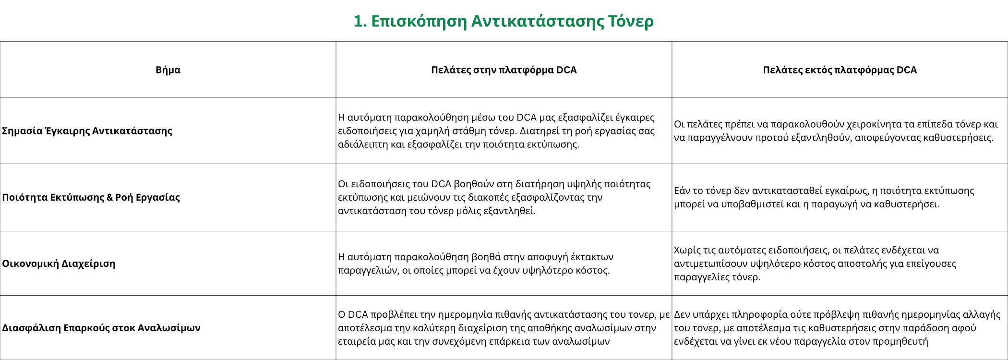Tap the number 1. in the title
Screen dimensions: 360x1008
pyautogui.click(x=360, y=21)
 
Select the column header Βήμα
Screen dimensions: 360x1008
pyautogui.click(x=168, y=70)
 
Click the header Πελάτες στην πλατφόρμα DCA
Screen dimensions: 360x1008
pyautogui.click(x=504, y=70)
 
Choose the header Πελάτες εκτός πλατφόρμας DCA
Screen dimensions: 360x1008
pyautogui.click(x=840, y=70)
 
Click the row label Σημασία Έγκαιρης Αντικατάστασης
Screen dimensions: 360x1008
pyautogui.click(x=87, y=131)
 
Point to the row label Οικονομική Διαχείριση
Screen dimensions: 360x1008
pyautogui.click(x=59, y=264)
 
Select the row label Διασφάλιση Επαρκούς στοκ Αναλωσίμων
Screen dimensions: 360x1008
pyautogui.click(x=101, y=328)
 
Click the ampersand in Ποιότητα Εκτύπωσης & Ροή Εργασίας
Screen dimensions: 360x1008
pyautogui.click(x=109, y=197)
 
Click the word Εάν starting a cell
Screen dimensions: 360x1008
pyautogui.click(x=682, y=191)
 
